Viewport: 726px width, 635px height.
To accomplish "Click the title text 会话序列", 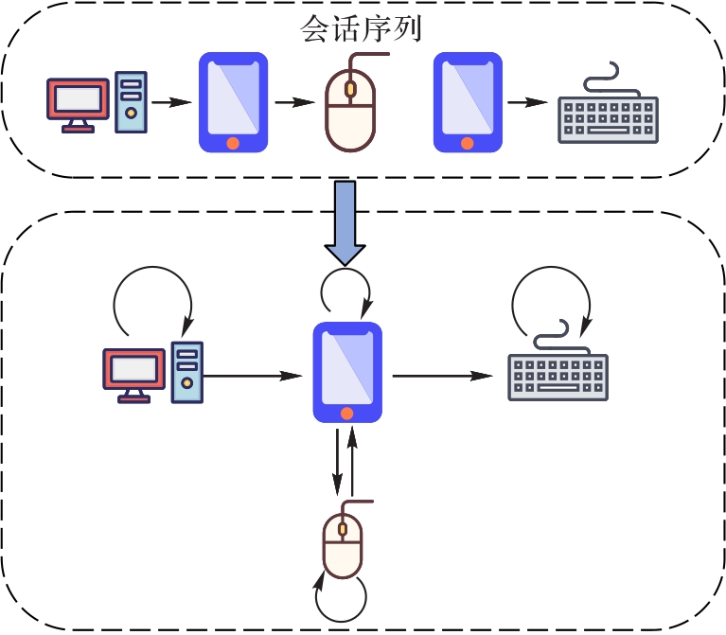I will click(x=361, y=28).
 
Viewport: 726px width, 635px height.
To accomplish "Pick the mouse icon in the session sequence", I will click(x=351, y=109).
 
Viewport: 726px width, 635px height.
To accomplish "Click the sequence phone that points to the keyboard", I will click(x=467, y=102).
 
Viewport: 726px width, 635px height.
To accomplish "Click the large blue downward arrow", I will click(x=346, y=222).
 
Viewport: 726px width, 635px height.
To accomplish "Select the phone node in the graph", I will click(x=347, y=372).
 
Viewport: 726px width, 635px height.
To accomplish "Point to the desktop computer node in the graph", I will click(x=152, y=372).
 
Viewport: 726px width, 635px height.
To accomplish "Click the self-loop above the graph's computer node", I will click(x=151, y=295).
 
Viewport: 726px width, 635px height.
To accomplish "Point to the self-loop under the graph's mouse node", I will click(x=341, y=599).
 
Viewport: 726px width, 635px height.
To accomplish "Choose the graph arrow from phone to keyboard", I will click(x=442, y=377).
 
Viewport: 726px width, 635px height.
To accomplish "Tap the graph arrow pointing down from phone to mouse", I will click(x=338, y=461).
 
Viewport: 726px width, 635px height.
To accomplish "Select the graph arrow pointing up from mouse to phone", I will click(x=353, y=461).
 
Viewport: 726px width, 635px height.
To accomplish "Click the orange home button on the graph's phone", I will click(x=347, y=413).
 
